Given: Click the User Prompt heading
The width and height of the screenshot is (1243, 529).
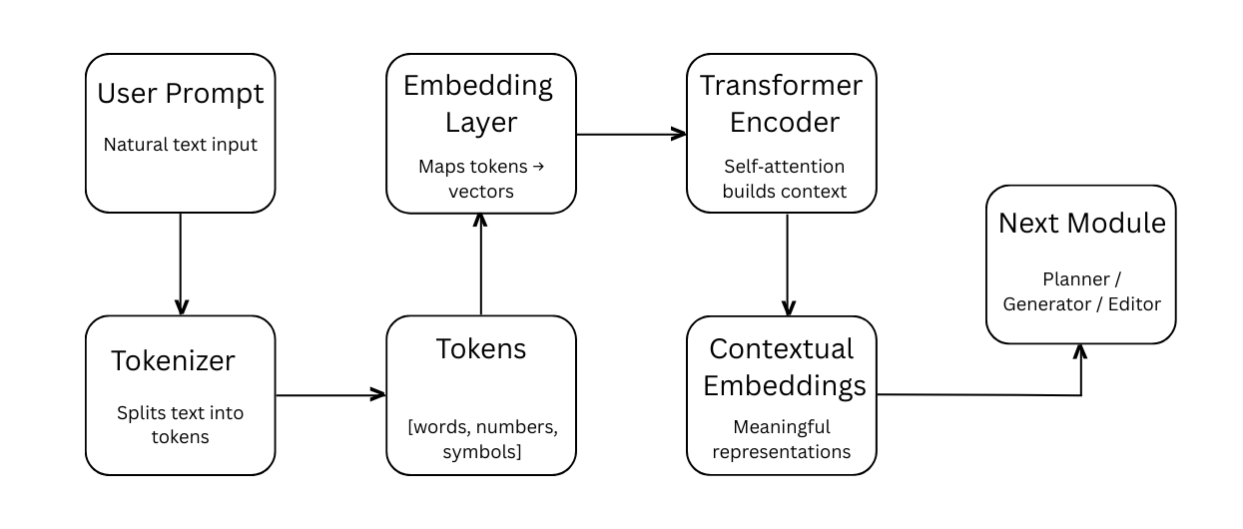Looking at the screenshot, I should [x=181, y=94].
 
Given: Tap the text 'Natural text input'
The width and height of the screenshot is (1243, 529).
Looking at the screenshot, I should [x=181, y=145].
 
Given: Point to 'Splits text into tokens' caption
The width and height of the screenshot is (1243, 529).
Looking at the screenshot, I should [x=181, y=424].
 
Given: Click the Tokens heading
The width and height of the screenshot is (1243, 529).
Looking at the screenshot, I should [x=481, y=348].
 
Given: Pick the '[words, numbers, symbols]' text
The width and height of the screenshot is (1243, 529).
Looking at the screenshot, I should [x=481, y=440].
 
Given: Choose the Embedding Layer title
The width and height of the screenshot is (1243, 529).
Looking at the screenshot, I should [x=478, y=104].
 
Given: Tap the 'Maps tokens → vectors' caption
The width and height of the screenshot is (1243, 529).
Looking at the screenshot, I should [x=481, y=178].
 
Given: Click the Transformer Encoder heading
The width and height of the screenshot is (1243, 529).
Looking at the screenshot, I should [x=781, y=104].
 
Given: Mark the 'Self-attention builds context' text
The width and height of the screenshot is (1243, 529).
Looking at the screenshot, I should [x=784, y=178].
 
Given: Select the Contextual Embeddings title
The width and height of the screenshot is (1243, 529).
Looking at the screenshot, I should [x=782, y=366].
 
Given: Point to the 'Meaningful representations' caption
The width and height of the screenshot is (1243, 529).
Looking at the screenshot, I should [x=782, y=439].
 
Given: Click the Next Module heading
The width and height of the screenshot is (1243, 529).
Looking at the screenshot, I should [x=1082, y=223].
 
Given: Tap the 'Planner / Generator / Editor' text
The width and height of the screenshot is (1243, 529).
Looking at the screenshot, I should [x=1082, y=290].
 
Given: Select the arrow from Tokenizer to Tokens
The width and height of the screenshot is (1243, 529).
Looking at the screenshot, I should [x=330, y=395].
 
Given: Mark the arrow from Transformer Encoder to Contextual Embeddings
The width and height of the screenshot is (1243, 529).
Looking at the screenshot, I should [x=788, y=264].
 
